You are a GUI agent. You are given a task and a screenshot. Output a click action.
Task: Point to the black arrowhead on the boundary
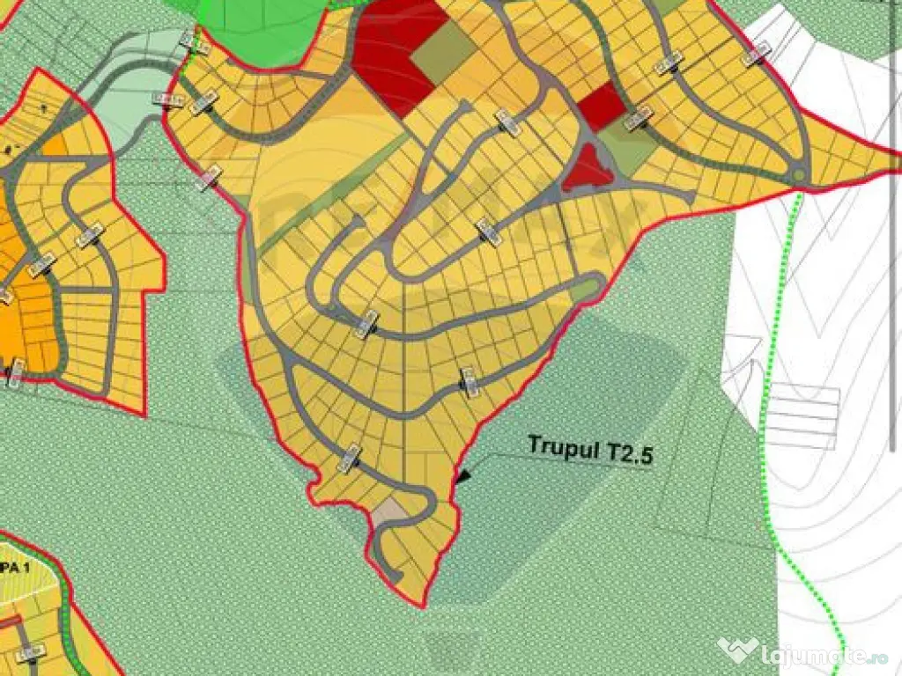[462, 476]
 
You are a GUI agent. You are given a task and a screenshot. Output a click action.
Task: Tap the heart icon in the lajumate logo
[738, 650]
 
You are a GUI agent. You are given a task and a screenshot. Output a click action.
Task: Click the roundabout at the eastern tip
[798, 176]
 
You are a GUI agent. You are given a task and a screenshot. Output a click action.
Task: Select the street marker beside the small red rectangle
[639, 117]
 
